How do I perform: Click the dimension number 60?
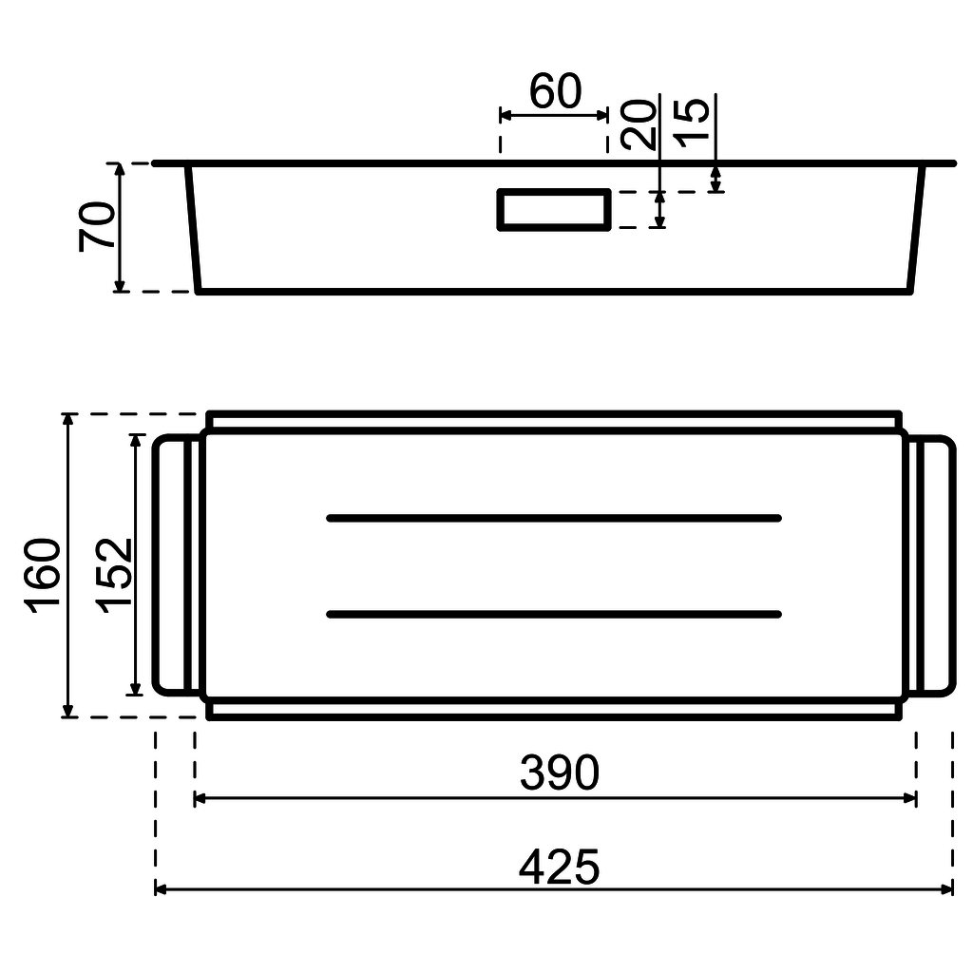point(555,92)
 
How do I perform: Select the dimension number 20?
point(640,124)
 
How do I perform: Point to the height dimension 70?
point(99,226)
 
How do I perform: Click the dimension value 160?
point(45,577)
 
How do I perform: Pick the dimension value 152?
point(113,576)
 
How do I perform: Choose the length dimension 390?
point(560,773)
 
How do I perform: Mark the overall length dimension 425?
point(560,867)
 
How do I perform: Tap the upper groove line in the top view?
point(554,517)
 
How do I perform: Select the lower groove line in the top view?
point(554,614)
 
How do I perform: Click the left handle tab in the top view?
point(175,566)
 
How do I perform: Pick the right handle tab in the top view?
point(933,566)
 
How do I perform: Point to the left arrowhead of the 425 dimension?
point(161,889)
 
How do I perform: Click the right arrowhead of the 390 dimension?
point(910,798)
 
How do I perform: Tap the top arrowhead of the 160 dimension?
point(67,420)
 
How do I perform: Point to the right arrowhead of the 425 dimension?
point(947,889)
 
